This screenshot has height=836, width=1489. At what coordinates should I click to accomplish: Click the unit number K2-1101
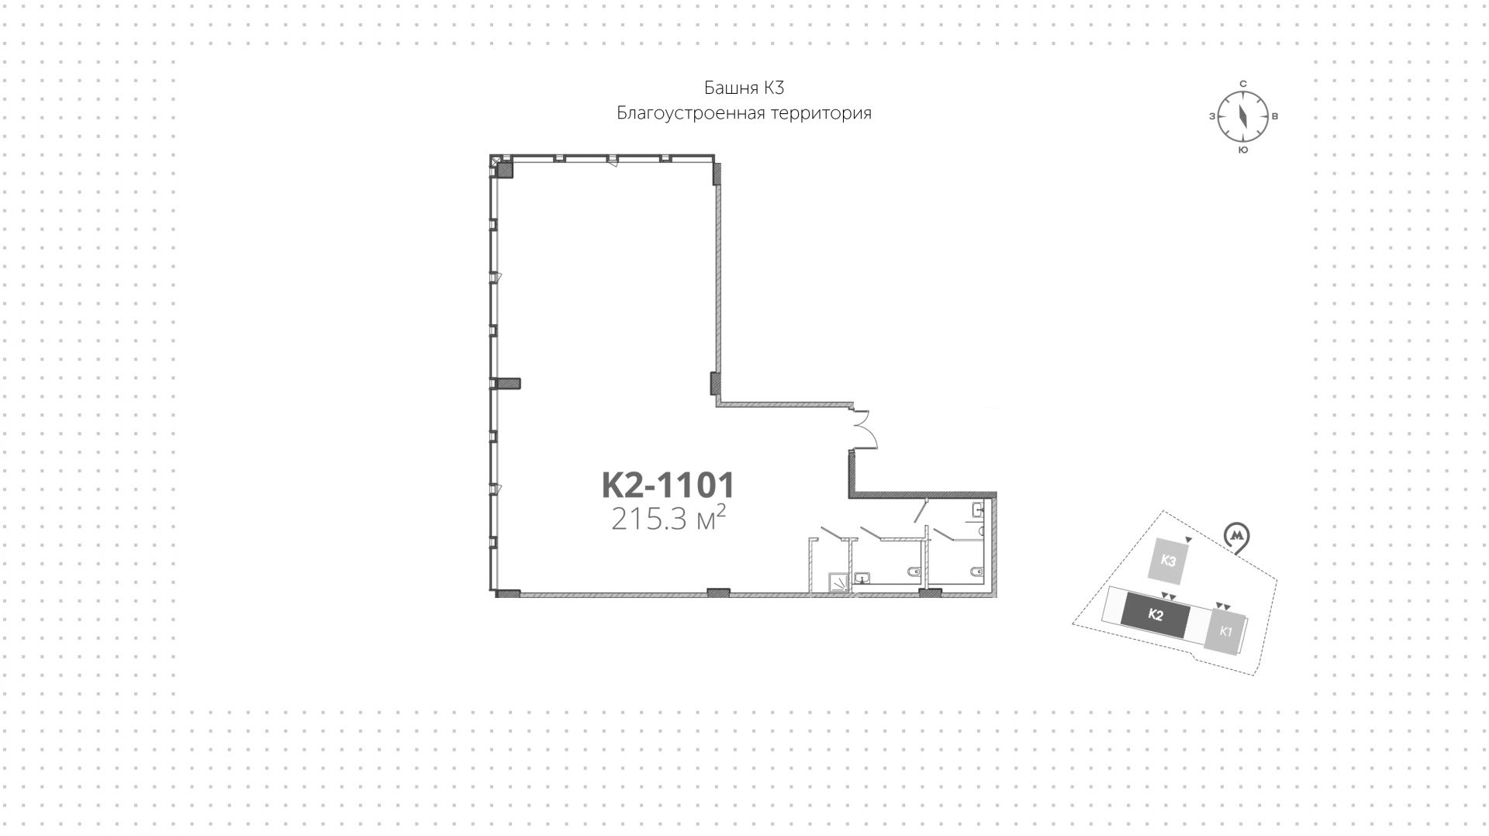(x=668, y=485)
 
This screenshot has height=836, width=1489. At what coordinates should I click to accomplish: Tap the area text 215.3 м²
(x=668, y=518)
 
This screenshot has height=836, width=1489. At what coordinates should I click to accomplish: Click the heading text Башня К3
(x=744, y=88)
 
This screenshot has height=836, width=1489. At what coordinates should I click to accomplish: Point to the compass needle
(x=1242, y=116)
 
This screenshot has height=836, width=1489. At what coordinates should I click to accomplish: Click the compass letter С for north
(x=1242, y=84)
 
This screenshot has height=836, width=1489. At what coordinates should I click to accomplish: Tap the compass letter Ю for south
(x=1242, y=150)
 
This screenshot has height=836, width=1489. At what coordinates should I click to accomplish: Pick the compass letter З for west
(x=1211, y=117)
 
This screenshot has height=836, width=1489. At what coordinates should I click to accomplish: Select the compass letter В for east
(x=1275, y=117)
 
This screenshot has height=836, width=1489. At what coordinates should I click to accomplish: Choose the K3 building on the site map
(x=1169, y=560)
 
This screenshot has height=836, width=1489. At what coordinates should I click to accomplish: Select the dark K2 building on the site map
(x=1155, y=616)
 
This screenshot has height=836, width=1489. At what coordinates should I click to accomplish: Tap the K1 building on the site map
(x=1225, y=630)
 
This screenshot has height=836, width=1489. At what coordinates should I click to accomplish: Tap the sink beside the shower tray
(x=862, y=578)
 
